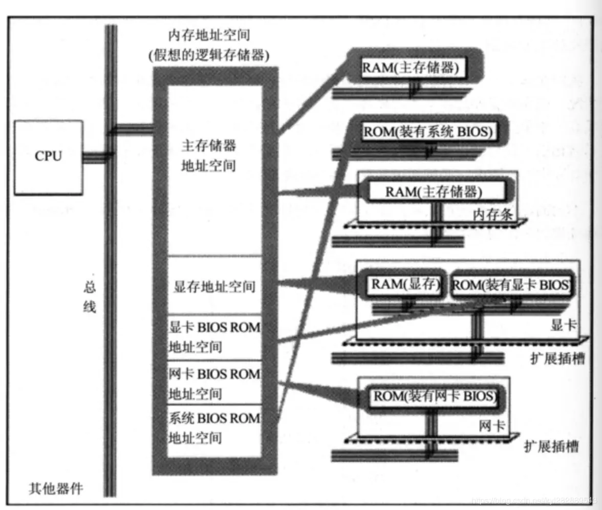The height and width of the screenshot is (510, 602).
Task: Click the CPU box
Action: (x=48, y=157)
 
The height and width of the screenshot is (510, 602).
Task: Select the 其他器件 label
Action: (x=55, y=488)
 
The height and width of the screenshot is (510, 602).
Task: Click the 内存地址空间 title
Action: (x=207, y=36)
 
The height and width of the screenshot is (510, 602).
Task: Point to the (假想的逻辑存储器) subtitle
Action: (x=207, y=55)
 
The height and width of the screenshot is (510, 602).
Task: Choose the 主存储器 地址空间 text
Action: (x=209, y=156)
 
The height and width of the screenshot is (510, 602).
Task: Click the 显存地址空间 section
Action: (x=214, y=286)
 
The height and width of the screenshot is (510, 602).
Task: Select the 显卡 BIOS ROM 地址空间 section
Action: (x=214, y=337)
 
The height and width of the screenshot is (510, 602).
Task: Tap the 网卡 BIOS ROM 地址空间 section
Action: (x=214, y=384)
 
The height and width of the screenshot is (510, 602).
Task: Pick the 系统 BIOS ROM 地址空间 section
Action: (x=214, y=428)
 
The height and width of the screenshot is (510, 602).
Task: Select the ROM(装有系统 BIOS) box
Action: (x=428, y=132)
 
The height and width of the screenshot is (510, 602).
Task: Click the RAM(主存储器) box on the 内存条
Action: (x=434, y=192)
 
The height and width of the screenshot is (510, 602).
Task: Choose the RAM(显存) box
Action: (x=405, y=285)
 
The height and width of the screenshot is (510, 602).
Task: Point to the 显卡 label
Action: (x=563, y=325)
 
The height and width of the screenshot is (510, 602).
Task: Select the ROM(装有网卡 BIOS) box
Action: (x=435, y=396)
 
